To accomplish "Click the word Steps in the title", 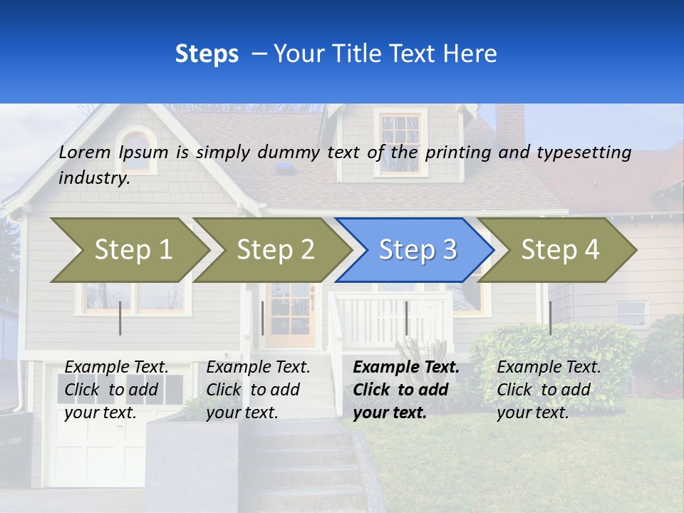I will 207,53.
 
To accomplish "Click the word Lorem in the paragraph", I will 85,152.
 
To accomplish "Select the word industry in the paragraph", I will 93,178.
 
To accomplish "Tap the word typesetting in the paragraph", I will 584,152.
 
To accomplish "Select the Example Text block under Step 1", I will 116,390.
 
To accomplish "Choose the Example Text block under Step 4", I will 549,390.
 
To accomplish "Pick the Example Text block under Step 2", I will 258,390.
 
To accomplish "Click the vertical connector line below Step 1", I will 120,318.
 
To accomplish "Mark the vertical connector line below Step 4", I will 550,318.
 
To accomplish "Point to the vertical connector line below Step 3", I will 406,318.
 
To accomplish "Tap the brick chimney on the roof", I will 510,125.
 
